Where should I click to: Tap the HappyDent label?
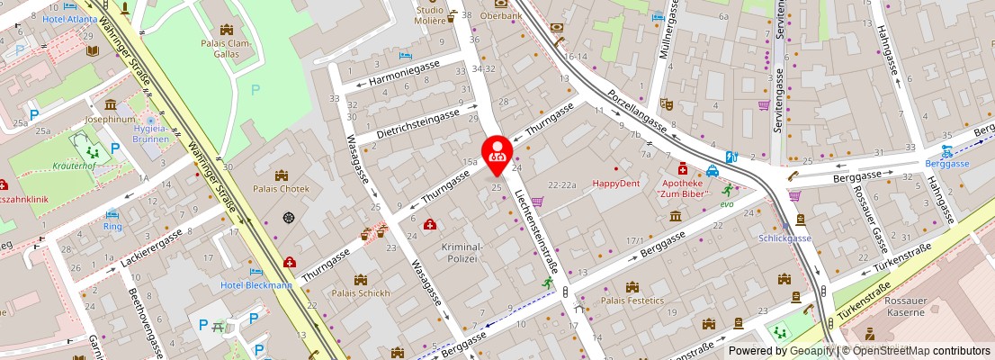tap(615, 184)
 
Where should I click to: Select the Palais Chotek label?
tap(282, 189)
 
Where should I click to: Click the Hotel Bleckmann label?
tap(256, 285)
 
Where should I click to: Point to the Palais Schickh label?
tap(361, 293)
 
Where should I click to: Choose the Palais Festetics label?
tap(632, 301)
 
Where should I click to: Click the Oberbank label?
tap(501, 15)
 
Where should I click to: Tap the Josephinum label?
tap(110, 119)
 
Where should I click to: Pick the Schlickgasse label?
tap(784, 238)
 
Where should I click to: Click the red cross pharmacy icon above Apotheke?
tap(683, 168)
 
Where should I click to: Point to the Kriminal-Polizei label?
tap(462, 252)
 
